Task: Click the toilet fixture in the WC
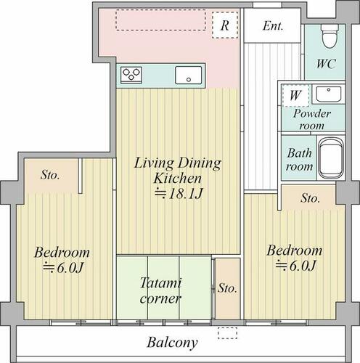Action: pyautogui.click(x=330, y=36)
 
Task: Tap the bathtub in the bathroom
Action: pyautogui.click(x=331, y=158)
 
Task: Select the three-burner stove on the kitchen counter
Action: pyautogui.click(x=131, y=75)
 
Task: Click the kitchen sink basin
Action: pyautogui.click(x=189, y=75)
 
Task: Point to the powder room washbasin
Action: pyautogui.click(x=329, y=94)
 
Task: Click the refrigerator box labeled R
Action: pyautogui.click(x=225, y=25)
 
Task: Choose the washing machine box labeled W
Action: pyautogui.click(x=295, y=96)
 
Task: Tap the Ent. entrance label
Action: pyautogui.click(x=273, y=26)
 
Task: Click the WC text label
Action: pyautogui.click(x=326, y=64)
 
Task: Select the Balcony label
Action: pyautogui.click(x=172, y=343)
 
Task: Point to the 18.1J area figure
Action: pyautogui.click(x=179, y=194)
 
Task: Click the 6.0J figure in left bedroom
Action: pyautogui.click(x=63, y=267)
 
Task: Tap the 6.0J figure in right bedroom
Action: pyautogui.click(x=295, y=266)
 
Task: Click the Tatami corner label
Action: pyautogui.click(x=160, y=290)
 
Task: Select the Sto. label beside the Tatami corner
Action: pyautogui.click(x=227, y=288)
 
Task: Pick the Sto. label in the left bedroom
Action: pyautogui.click(x=50, y=175)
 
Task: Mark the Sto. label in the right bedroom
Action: pyautogui.click(x=310, y=198)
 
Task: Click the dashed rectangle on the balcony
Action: pyautogui.click(x=227, y=333)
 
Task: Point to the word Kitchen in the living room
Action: pyautogui.click(x=177, y=179)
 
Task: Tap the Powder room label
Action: pyautogui.click(x=312, y=120)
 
